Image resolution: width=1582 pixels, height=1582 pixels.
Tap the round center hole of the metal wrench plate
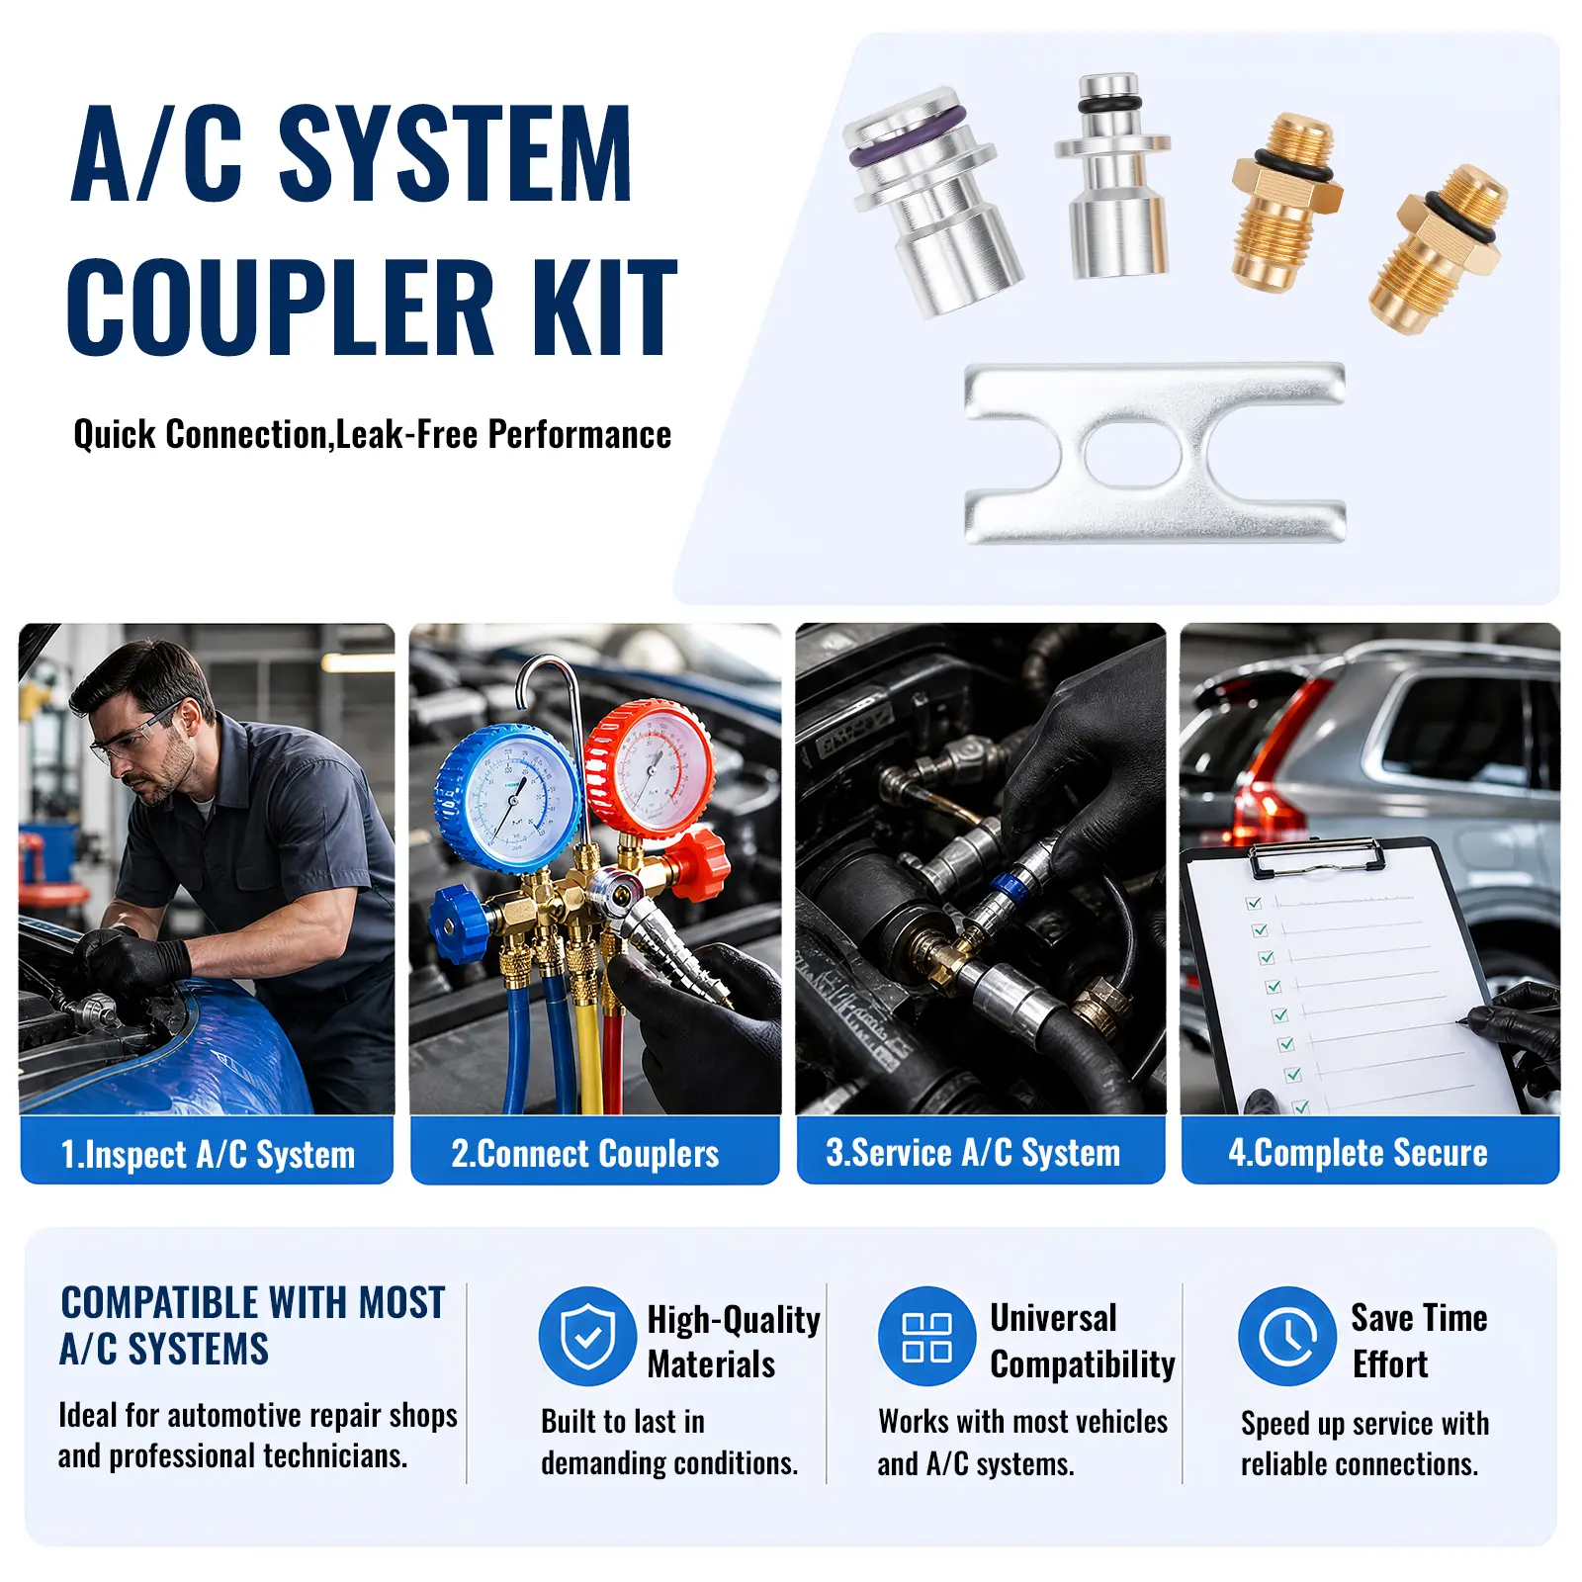[x=1132, y=453]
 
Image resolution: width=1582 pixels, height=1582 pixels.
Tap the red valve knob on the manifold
[x=699, y=862]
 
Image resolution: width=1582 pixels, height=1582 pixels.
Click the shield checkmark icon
[x=587, y=1336]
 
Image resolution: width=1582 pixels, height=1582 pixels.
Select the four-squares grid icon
[x=926, y=1336]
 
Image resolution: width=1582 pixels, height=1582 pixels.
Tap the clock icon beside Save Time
[x=1287, y=1336]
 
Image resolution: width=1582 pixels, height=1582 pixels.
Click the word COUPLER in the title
[x=280, y=307]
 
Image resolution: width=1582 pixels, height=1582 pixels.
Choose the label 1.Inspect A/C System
[x=208, y=1154]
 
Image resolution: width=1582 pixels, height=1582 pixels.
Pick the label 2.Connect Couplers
[x=584, y=1154]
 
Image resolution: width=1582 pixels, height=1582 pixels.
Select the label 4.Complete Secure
[x=1358, y=1153]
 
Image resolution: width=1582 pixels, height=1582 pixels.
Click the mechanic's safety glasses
[x=134, y=736]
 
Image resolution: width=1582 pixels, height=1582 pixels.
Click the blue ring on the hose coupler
[x=1006, y=886]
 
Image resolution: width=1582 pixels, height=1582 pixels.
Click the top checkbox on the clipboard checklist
[x=1254, y=903]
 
